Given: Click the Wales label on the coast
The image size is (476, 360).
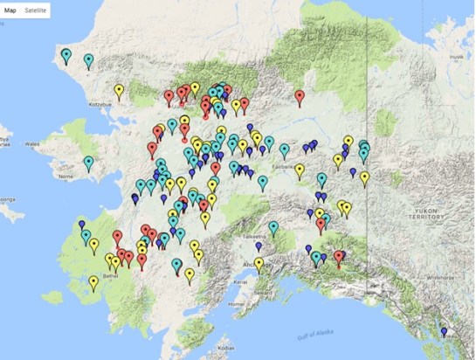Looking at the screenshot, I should pyautogui.click(x=32, y=145).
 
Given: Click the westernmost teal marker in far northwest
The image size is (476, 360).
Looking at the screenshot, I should pyautogui.click(x=66, y=55).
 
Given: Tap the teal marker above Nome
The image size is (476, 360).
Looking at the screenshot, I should pyautogui.click(x=88, y=162).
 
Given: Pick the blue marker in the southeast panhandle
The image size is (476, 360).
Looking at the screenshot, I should pyautogui.click(x=444, y=332).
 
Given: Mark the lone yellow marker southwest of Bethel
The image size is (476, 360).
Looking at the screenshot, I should pyautogui.click(x=93, y=281).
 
